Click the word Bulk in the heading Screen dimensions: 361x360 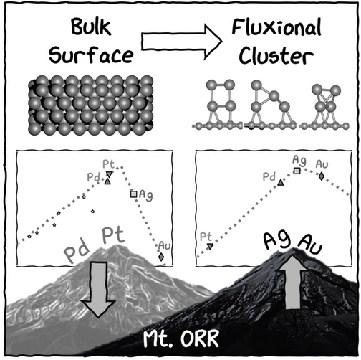tap(91, 27)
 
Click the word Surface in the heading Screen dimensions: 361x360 tap(91, 55)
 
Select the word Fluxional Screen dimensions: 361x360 tap(276, 27)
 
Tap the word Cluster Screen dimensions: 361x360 tap(276, 55)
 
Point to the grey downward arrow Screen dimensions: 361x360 tap(98, 290)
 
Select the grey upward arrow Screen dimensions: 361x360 tap(293, 282)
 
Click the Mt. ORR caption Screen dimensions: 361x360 tap(181, 338)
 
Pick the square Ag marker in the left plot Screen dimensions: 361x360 tap(133, 194)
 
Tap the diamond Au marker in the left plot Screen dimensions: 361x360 tap(161, 257)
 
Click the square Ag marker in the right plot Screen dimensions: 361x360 tap(297, 171)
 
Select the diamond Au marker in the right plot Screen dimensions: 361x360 tap(322, 176)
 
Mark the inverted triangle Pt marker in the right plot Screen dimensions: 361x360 tap(210, 246)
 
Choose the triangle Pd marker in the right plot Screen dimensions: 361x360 tap(281, 183)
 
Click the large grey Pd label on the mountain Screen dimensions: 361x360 tap(77, 252)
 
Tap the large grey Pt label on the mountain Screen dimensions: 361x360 tap(113, 235)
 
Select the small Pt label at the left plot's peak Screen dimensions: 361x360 tap(109, 164)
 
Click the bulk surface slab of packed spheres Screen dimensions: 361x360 tap(91, 105)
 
